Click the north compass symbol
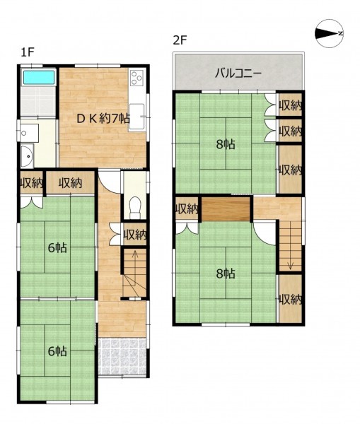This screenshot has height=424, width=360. point(330,33)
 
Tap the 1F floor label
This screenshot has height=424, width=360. point(28,52)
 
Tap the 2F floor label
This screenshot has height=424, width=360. point(180,40)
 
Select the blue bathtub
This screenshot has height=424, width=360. point(38,77)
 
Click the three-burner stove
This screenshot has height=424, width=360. point(137,77)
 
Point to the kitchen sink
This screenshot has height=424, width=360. point(137,117)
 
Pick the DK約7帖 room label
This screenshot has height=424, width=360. point(103,119)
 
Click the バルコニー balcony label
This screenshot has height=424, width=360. point(238,73)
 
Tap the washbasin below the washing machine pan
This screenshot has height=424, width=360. point(27,156)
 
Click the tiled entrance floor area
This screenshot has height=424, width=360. point(122,355)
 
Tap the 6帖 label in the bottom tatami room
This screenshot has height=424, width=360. point(57,351)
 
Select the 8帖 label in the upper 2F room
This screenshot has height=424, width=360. point(226,145)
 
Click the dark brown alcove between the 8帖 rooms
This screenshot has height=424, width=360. point(226,209)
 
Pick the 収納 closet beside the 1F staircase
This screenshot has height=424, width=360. point(135,234)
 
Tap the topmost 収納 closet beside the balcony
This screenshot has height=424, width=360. point(291,105)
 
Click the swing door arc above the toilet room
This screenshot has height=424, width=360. point(110,185)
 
